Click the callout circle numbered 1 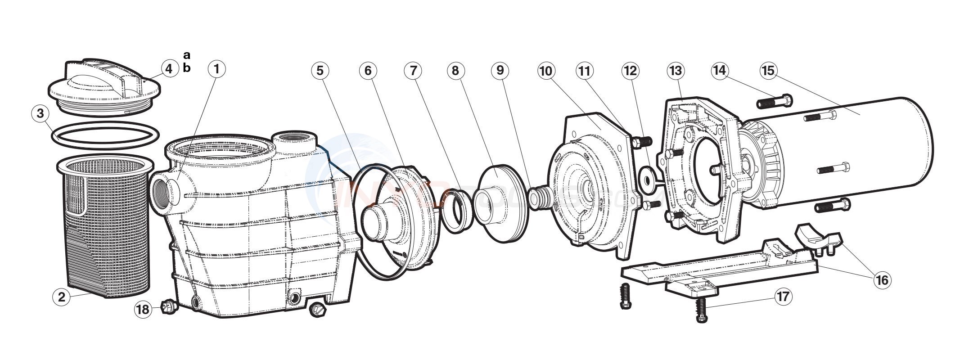[216, 69]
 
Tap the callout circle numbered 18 [143, 310]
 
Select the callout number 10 [546, 71]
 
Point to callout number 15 [768, 71]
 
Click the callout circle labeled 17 [784, 297]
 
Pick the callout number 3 [40, 113]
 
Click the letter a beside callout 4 [187, 55]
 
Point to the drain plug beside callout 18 [168, 307]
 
